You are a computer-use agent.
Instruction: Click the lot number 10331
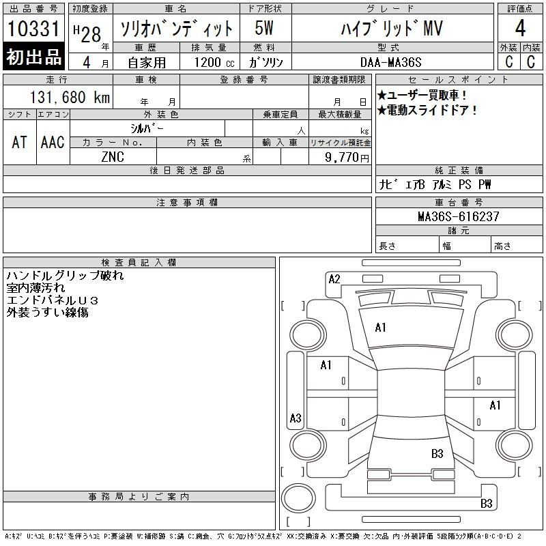[x=33, y=29]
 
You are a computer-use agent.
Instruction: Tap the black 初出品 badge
[x=33, y=57]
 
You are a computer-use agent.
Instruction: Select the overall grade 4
[x=520, y=28]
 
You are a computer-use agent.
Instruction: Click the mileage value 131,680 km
[x=70, y=97]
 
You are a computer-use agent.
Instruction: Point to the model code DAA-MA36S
[x=390, y=62]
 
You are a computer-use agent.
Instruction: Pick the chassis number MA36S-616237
[x=459, y=216]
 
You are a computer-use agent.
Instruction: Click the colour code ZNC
[x=113, y=157]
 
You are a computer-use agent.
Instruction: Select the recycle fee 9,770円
[x=347, y=158]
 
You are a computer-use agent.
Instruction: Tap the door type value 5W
[x=264, y=28]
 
